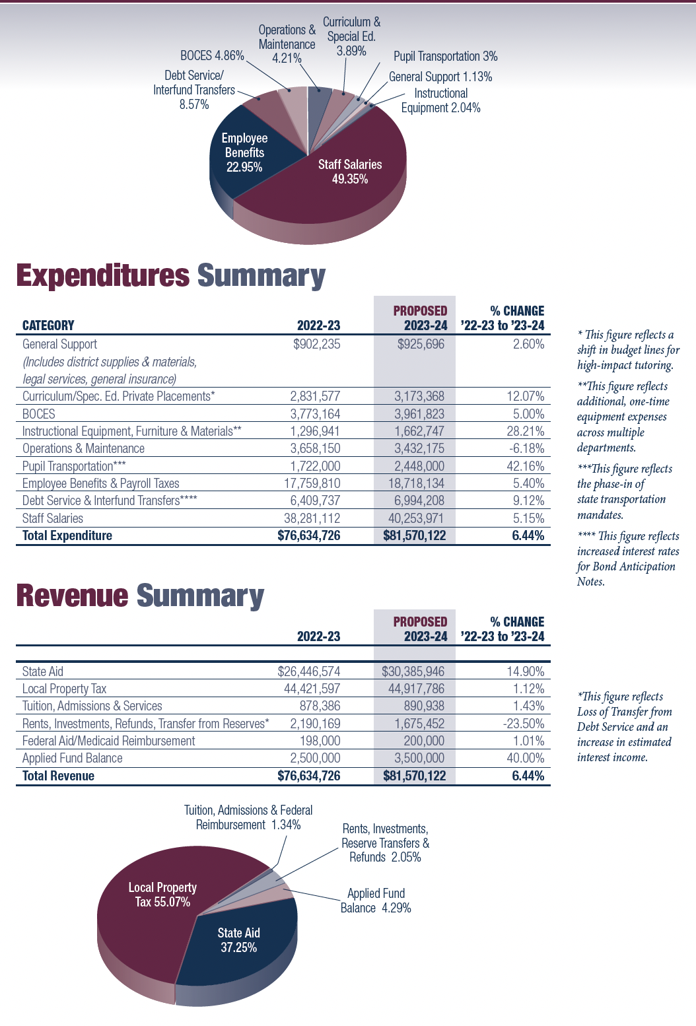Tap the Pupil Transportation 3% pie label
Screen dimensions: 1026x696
(446, 57)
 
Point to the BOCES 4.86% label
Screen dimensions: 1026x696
(212, 56)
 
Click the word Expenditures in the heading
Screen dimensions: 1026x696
(103, 276)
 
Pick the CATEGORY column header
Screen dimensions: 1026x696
(48, 325)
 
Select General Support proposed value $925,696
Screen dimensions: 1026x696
(421, 344)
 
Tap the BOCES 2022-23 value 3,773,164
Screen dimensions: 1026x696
(315, 414)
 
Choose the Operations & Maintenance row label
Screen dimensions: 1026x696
(83, 449)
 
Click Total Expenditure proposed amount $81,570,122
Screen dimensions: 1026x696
(415, 535)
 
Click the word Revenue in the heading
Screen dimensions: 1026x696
(72, 596)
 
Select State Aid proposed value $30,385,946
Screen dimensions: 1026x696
(413, 671)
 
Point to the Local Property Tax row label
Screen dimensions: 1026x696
(64, 689)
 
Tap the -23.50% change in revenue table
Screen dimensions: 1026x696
(524, 724)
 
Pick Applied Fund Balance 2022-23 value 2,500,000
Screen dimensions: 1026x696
(315, 758)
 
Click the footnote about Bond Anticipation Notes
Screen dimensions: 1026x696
(627, 559)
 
